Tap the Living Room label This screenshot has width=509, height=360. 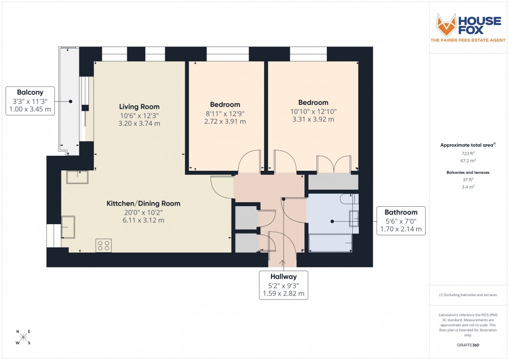[139, 106]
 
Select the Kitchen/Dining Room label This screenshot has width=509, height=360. [143, 203]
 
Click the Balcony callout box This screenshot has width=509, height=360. [30, 101]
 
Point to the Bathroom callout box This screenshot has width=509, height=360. [401, 221]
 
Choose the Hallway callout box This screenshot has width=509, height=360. [283, 285]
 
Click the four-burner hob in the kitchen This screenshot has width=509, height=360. [104, 245]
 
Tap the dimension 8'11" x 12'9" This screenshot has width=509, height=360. [225, 113]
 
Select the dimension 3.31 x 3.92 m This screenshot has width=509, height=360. [313, 119]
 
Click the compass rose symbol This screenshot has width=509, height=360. [23, 337]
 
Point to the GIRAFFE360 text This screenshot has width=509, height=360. [468, 345]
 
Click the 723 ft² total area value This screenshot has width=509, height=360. [468, 154]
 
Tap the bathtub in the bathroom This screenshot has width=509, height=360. [330, 243]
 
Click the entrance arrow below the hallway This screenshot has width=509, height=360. [283, 262]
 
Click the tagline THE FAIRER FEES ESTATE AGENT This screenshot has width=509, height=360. [468, 39]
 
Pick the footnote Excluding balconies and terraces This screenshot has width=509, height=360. [468, 295]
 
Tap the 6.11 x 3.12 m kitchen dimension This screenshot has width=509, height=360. [143, 220]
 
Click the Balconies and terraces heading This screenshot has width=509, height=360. [468, 172]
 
